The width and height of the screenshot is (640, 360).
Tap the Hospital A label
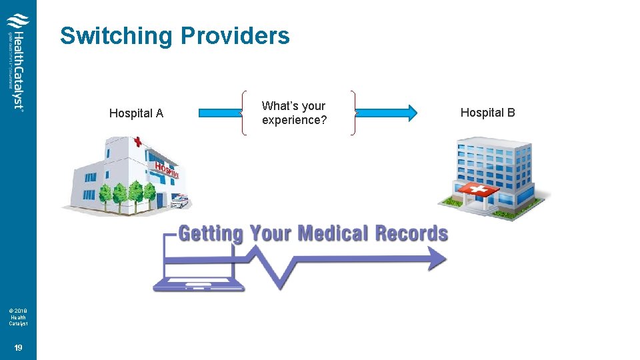(136, 113)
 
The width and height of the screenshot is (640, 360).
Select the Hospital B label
(487, 113)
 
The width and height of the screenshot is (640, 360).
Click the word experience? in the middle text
(294, 121)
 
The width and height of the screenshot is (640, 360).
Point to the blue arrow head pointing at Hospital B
(409, 113)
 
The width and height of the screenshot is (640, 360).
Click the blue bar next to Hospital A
(219, 113)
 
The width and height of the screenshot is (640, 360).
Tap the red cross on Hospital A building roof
(138, 142)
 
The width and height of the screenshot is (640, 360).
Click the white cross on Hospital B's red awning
(477, 190)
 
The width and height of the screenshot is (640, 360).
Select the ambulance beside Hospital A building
(179, 200)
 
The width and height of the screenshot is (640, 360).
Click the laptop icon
(198, 267)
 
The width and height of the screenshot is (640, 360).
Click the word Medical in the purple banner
(333, 234)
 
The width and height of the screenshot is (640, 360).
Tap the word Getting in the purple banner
(211, 234)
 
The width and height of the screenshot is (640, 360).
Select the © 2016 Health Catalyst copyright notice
(18, 317)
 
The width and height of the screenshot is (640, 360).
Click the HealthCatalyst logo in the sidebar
(18, 63)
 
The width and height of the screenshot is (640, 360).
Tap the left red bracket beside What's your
(244, 113)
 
